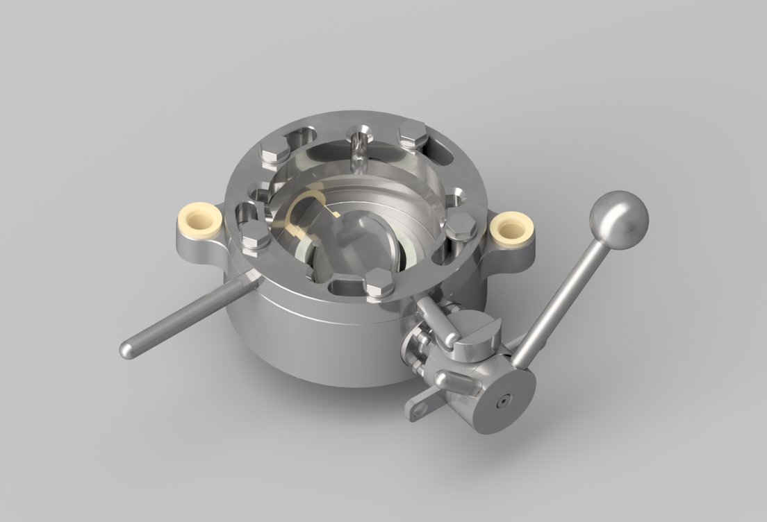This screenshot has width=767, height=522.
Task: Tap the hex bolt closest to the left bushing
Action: coord(256,234)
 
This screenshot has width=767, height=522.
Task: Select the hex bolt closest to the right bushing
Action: coord(460,225)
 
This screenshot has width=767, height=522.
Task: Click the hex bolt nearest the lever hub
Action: coord(379,283)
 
